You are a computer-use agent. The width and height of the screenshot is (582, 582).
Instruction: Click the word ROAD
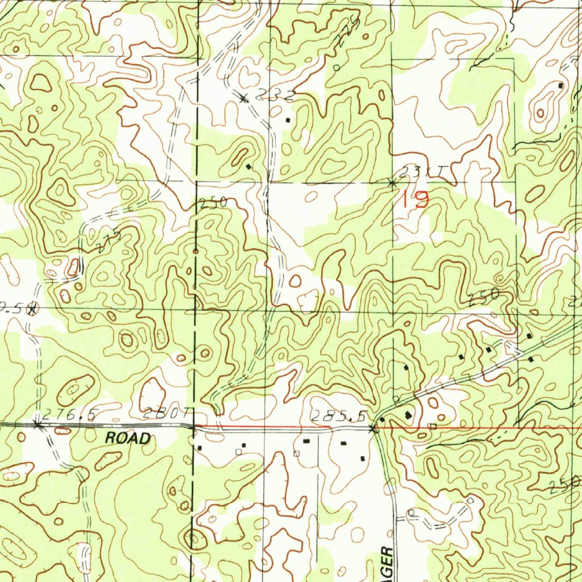pyautogui.click(x=128, y=438)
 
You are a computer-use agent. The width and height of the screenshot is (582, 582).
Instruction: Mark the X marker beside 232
pyautogui.click(x=244, y=98)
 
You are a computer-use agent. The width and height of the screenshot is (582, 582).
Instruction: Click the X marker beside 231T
pyautogui.click(x=392, y=183)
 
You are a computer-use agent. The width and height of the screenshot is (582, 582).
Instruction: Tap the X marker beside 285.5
pyautogui.click(x=373, y=429)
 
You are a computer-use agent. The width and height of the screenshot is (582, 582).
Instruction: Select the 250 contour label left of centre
pyautogui.click(x=214, y=202)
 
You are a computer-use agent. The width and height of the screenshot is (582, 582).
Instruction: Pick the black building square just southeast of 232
pyautogui.click(x=288, y=120)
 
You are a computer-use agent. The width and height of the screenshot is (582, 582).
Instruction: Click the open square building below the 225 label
pyautogui.click(x=336, y=68)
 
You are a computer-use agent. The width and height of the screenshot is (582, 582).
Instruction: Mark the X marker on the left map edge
pyautogui.click(x=32, y=309)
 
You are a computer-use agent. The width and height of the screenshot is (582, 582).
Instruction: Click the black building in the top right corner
pyautogui.click(x=560, y=85)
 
